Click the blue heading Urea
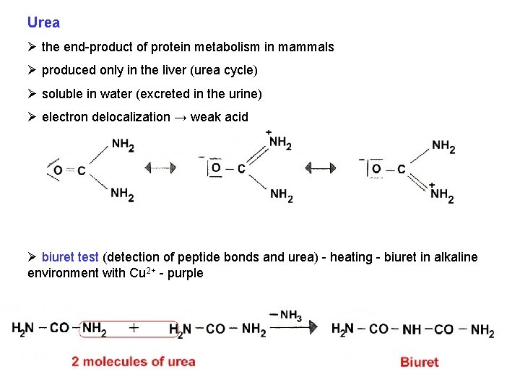[x=43, y=22]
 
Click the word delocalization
[x=131, y=117]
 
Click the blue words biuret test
[x=71, y=257]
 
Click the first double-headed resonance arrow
[x=160, y=168]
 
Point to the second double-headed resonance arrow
[x=320, y=168]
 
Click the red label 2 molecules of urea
[x=133, y=361]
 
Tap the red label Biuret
[x=419, y=362]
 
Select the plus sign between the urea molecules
[x=134, y=328]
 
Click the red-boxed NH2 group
[x=94, y=329]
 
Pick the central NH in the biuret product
[x=412, y=330]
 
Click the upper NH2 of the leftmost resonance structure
[x=122, y=145]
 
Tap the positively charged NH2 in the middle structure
[x=280, y=143]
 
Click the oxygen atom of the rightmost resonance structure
[x=376, y=169]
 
